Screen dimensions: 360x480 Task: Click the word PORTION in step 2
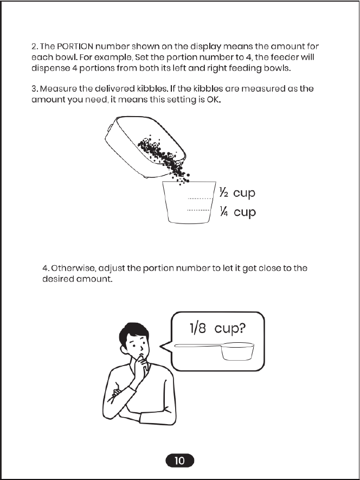point(75,47)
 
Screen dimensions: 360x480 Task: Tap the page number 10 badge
point(179,460)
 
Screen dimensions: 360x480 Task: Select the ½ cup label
point(237,193)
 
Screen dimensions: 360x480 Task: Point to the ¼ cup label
point(237,212)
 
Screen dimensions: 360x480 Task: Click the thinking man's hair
point(134,332)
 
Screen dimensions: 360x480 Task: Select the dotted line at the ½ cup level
point(200,199)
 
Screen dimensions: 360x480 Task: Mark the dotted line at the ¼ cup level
point(198,210)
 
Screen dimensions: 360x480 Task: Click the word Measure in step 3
point(59,89)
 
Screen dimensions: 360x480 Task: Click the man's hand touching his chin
point(142,362)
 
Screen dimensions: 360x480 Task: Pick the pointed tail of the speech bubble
point(160,347)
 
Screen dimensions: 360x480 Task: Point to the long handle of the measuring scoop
point(198,345)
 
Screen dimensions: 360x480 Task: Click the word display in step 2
point(205,47)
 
